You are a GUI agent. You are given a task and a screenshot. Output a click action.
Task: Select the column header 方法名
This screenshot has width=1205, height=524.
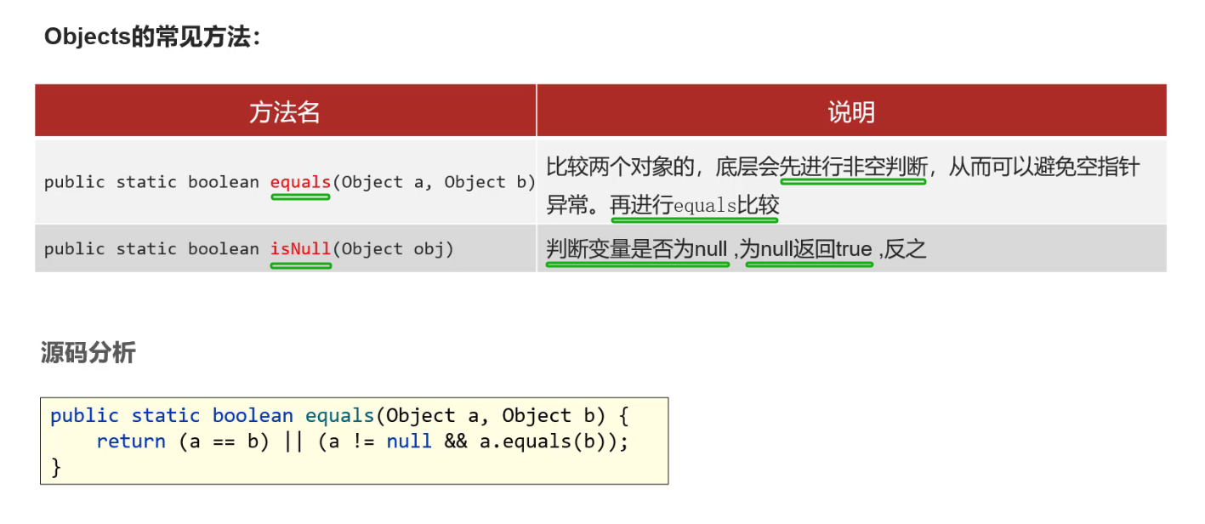(285, 111)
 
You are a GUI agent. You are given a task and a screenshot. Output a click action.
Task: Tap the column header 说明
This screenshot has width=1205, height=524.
(851, 111)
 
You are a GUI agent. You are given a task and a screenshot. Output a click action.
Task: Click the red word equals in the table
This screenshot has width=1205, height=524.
(300, 182)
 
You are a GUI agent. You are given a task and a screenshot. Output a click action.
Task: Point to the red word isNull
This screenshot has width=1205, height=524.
(300, 249)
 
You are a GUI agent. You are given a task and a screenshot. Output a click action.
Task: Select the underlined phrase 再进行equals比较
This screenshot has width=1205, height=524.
(694, 206)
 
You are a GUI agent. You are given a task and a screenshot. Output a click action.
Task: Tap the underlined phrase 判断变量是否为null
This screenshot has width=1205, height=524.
(637, 249)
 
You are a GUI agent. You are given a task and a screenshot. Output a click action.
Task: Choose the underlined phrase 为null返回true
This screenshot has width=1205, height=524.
(809, 249)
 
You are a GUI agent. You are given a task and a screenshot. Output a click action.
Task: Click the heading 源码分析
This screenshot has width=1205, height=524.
(88, 352)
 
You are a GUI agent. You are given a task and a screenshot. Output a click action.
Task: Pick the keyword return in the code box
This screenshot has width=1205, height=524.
(131, 441)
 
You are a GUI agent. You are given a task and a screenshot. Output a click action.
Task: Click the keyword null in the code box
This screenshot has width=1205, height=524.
(409, 441)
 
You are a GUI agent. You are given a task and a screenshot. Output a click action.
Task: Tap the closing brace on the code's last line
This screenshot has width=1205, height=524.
(56, 467)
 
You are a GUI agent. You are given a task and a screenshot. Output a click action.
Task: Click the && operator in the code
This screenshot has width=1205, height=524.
(455, 441)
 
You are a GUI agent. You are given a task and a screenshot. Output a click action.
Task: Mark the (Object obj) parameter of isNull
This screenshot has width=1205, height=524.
(393, 249)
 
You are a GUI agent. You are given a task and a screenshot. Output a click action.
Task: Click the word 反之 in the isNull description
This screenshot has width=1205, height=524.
(906, 249)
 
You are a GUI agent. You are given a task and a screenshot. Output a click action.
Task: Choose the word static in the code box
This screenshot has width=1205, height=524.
(166, 416)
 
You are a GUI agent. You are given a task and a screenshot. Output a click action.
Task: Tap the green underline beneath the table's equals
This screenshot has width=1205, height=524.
(300, 197)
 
